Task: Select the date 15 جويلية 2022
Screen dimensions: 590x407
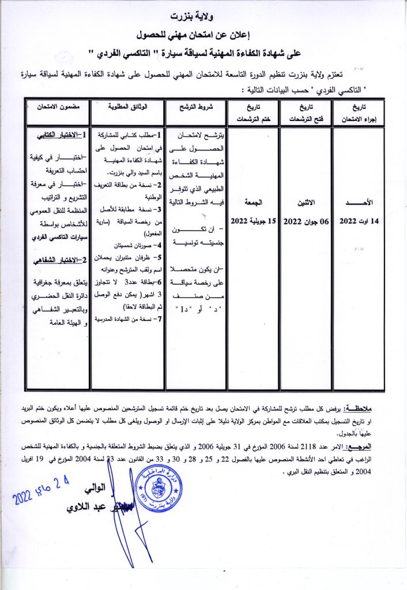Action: point(251,221)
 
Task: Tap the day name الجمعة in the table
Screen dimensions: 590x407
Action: point(251,203)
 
